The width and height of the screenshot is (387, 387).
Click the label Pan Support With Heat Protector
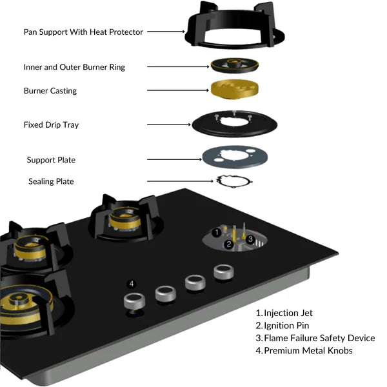coord(83,32)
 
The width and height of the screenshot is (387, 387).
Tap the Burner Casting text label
coord(50,91)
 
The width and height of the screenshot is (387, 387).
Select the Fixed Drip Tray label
coord(51,124)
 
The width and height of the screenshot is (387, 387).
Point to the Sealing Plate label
coord(51,181)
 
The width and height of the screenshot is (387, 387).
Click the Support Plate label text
coord(55,159)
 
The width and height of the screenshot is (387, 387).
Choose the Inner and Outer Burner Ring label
coord(74,66)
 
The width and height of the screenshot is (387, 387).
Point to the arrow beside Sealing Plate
coord(179,181)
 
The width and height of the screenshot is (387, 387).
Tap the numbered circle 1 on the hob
coord(217,232)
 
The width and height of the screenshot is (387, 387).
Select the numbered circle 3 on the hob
coord(250,239)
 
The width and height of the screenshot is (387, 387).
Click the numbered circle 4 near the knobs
coord(132,283)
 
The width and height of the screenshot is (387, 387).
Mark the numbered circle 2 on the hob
coord(228,244)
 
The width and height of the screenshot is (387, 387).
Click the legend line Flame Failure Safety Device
coord(315,338)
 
